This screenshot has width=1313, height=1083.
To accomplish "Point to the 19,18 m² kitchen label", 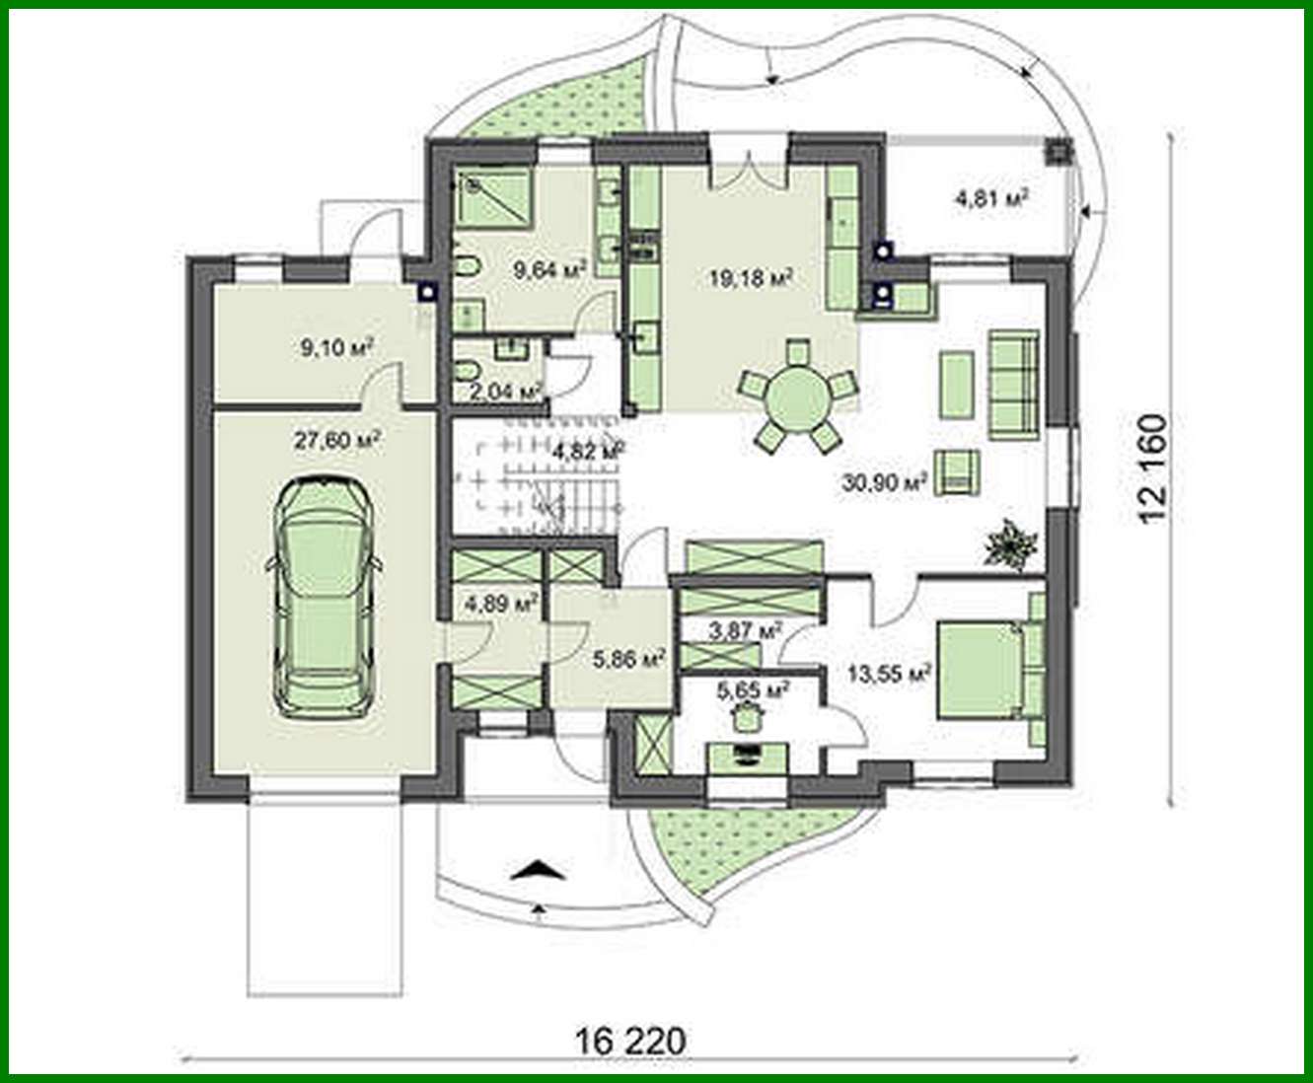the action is pyautogui.click(x=752, y=277).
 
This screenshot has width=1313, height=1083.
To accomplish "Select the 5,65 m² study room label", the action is pyautogui.click(x=752, y=689).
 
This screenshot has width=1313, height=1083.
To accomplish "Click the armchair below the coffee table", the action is pyautogui.click(x=957, y=470).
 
